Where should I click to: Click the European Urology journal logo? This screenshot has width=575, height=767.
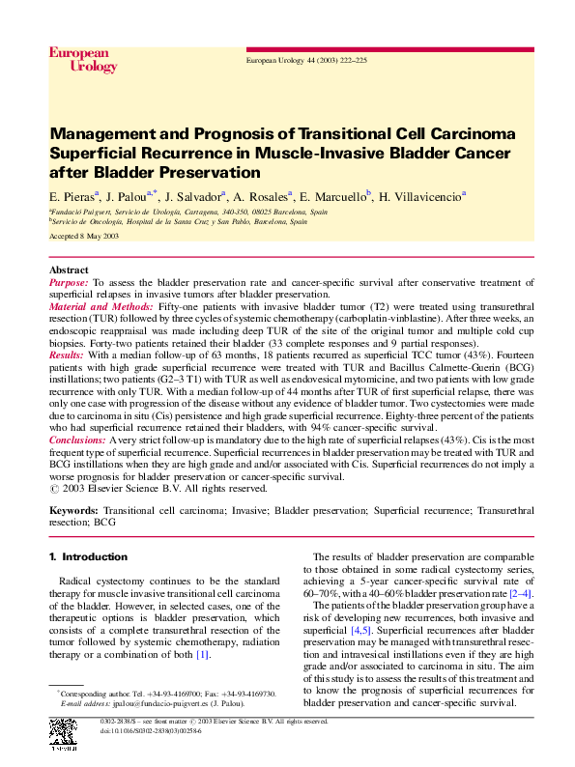click(82, 60)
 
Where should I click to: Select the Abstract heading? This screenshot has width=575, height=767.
click(69, 270)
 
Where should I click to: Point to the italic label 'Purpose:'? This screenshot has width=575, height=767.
click(69, 282)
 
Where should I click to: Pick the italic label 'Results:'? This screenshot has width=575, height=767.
click(67, 355)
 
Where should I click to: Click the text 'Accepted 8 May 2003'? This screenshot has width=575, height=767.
click(83, 236)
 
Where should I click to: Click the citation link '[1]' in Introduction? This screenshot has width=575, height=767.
click(202, 655)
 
